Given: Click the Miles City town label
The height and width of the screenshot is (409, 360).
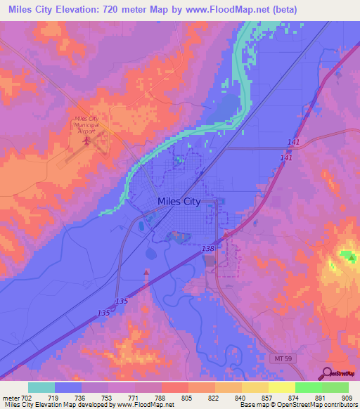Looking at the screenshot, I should (179, 201).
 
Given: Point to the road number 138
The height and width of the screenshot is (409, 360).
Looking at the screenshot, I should (207, 249).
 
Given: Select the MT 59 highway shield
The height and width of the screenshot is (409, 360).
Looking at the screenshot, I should (279, 358).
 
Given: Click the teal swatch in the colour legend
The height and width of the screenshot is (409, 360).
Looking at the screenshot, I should (41, 387).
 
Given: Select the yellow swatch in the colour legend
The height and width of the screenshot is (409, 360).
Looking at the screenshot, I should (282, 387).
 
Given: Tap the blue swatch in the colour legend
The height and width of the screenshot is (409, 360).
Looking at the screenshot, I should (68, 387).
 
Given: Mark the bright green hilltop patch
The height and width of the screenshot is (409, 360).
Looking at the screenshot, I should (348, 257).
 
